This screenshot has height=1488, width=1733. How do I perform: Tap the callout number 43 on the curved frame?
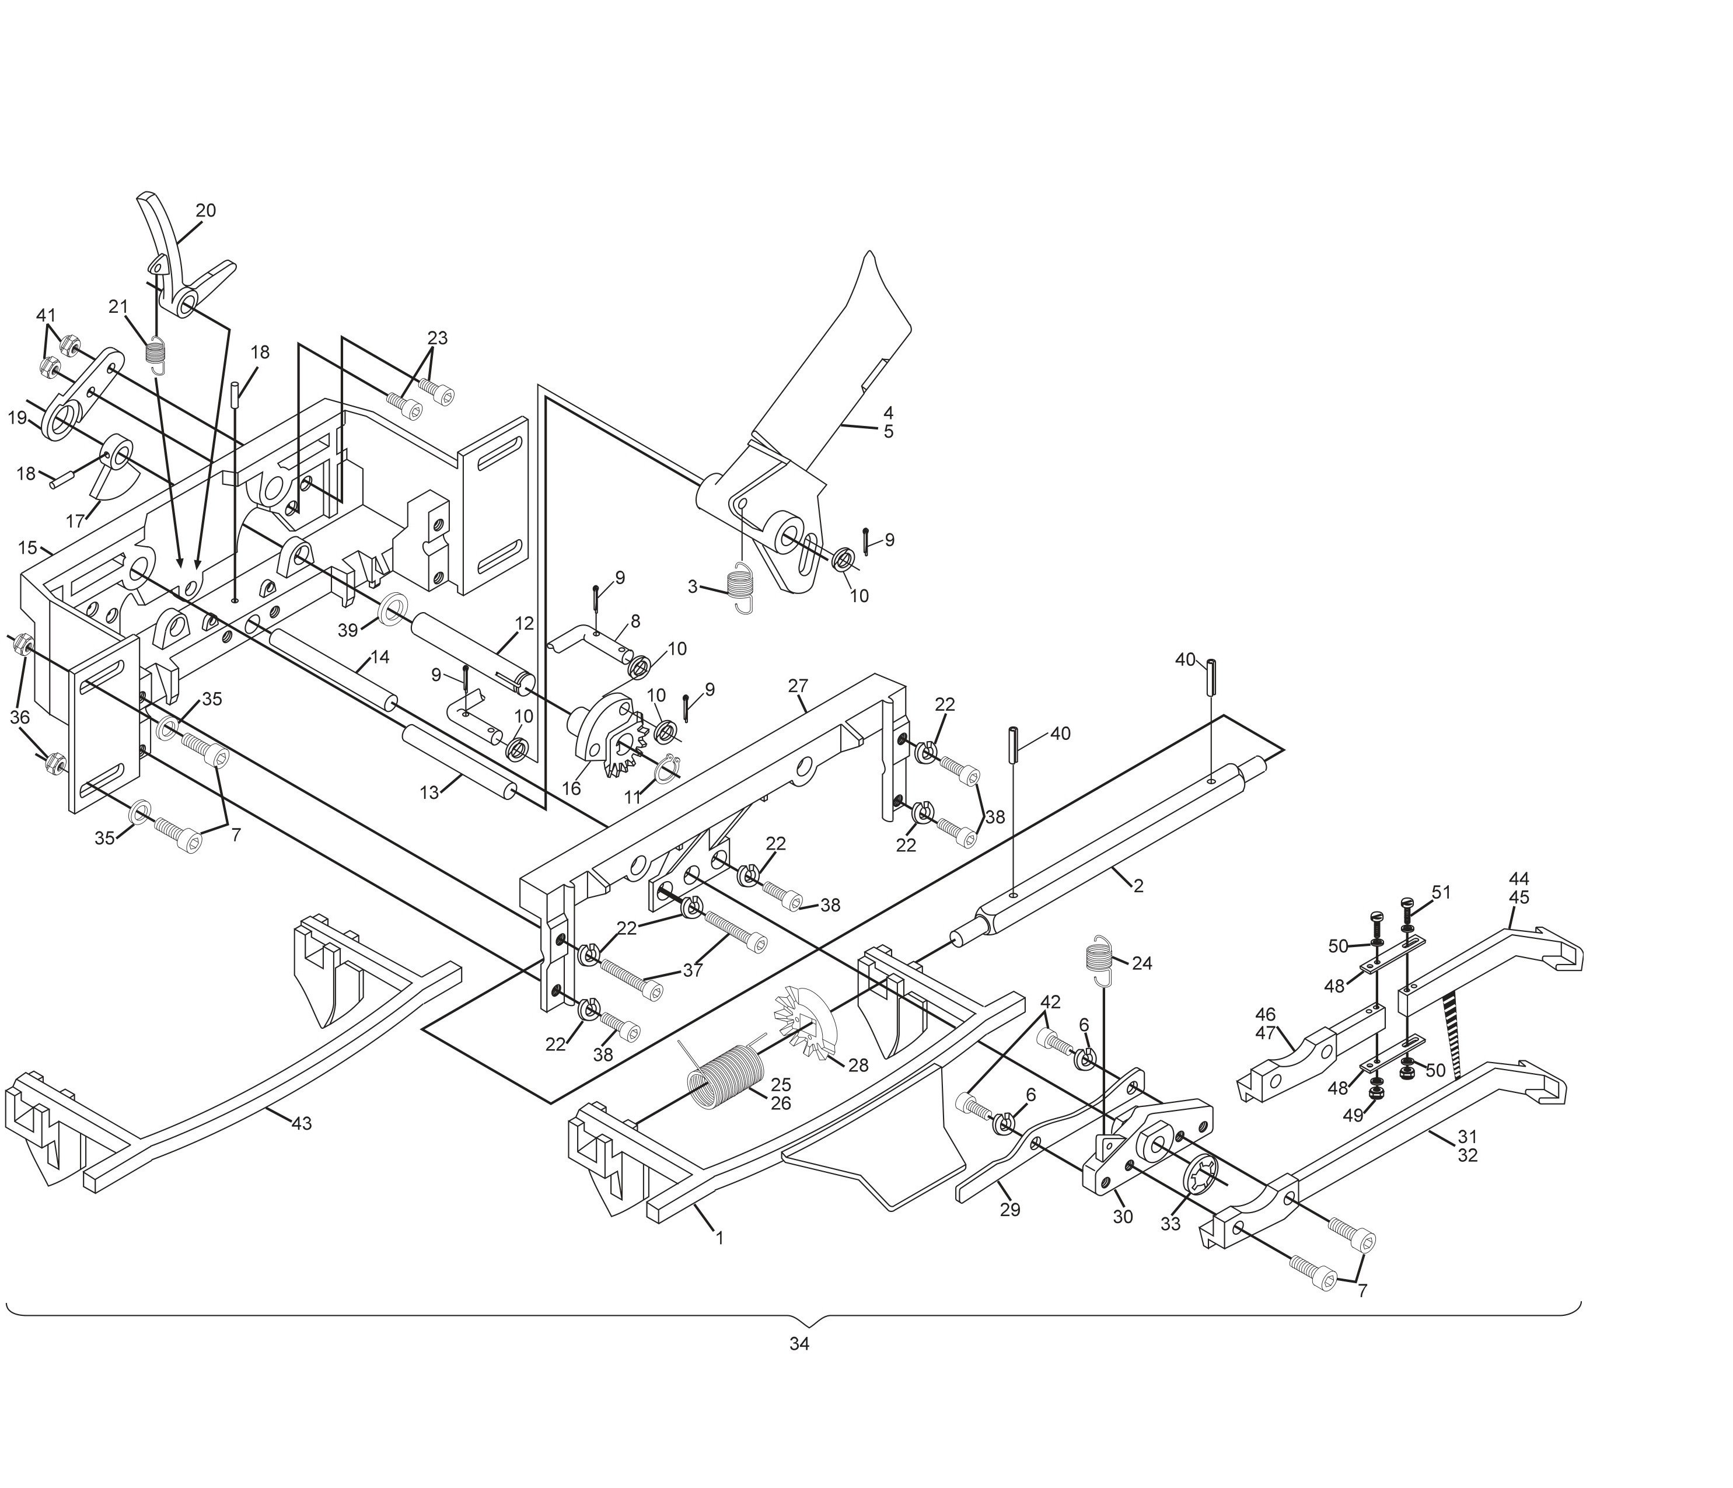point(301,1123)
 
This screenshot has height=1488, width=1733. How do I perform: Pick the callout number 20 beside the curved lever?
point(206,211)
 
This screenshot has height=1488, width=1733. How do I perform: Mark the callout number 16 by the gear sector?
point(571,789)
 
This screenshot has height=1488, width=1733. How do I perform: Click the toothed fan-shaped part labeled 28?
point(801,1025)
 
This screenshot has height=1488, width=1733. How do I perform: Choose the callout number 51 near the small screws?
point(1441,892)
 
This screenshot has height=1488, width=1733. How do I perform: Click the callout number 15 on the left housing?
point(27,548)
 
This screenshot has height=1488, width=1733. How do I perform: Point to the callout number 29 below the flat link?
point(1011,1210)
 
